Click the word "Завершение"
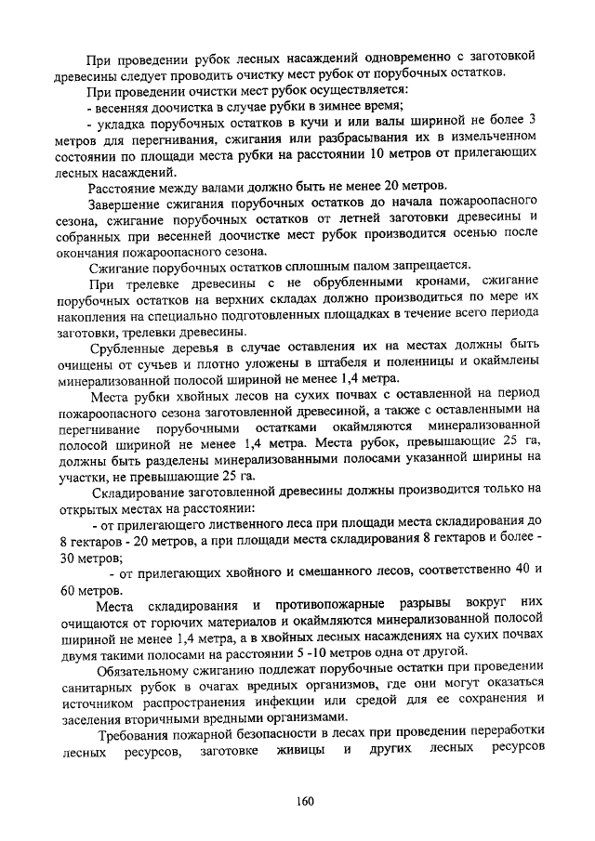tap(126, 204)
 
